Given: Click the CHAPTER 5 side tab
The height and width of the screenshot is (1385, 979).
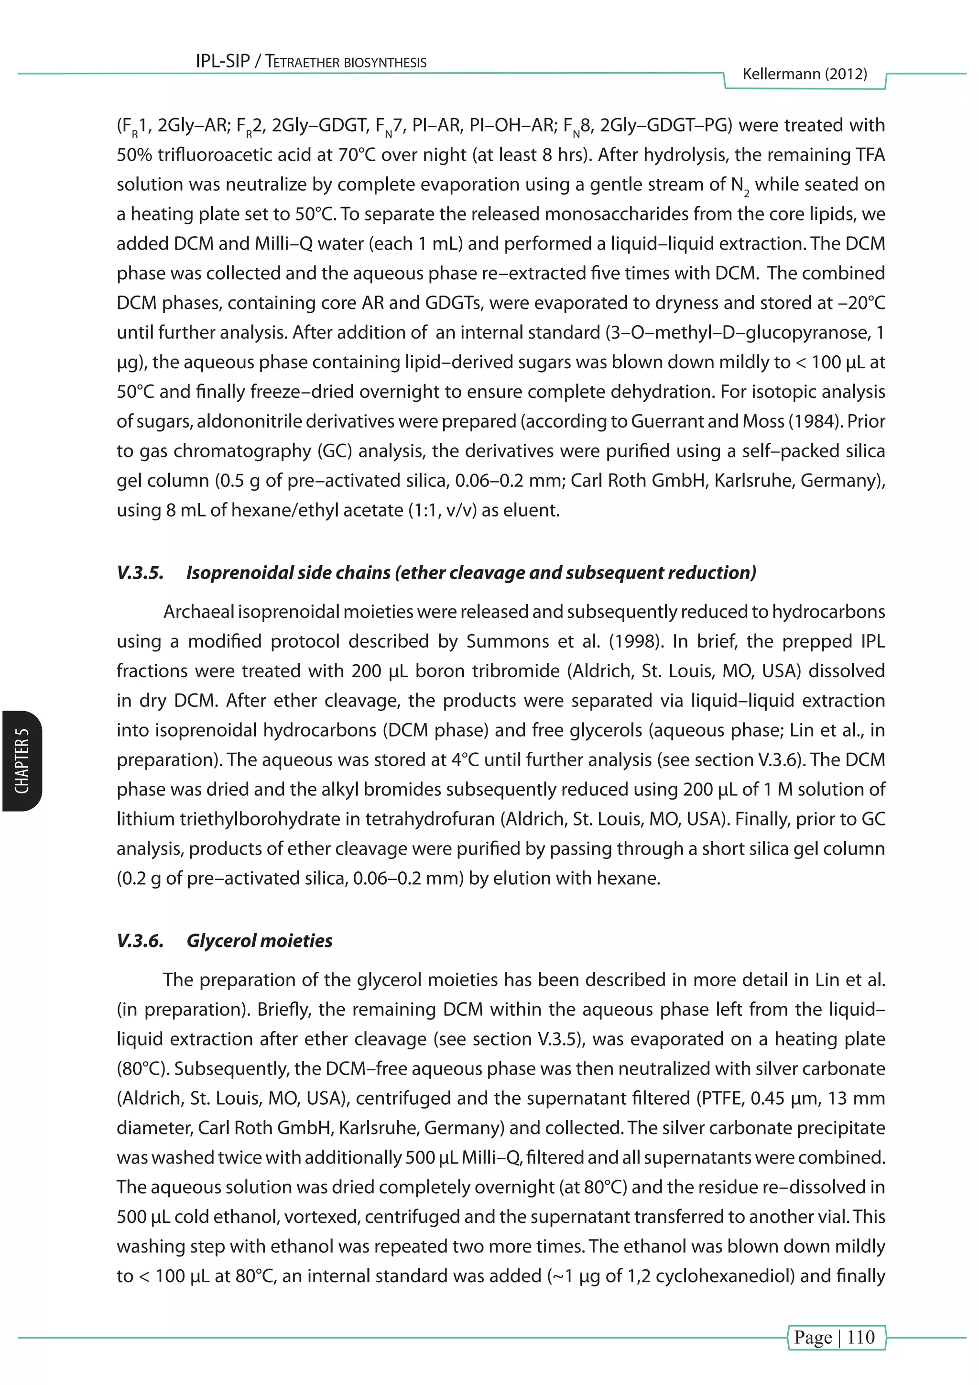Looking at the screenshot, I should tap(22, 761).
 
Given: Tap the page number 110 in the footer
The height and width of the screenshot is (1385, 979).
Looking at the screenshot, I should tap(860, 1337).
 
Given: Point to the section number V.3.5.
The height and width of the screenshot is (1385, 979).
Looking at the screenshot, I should tap(140, 572).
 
